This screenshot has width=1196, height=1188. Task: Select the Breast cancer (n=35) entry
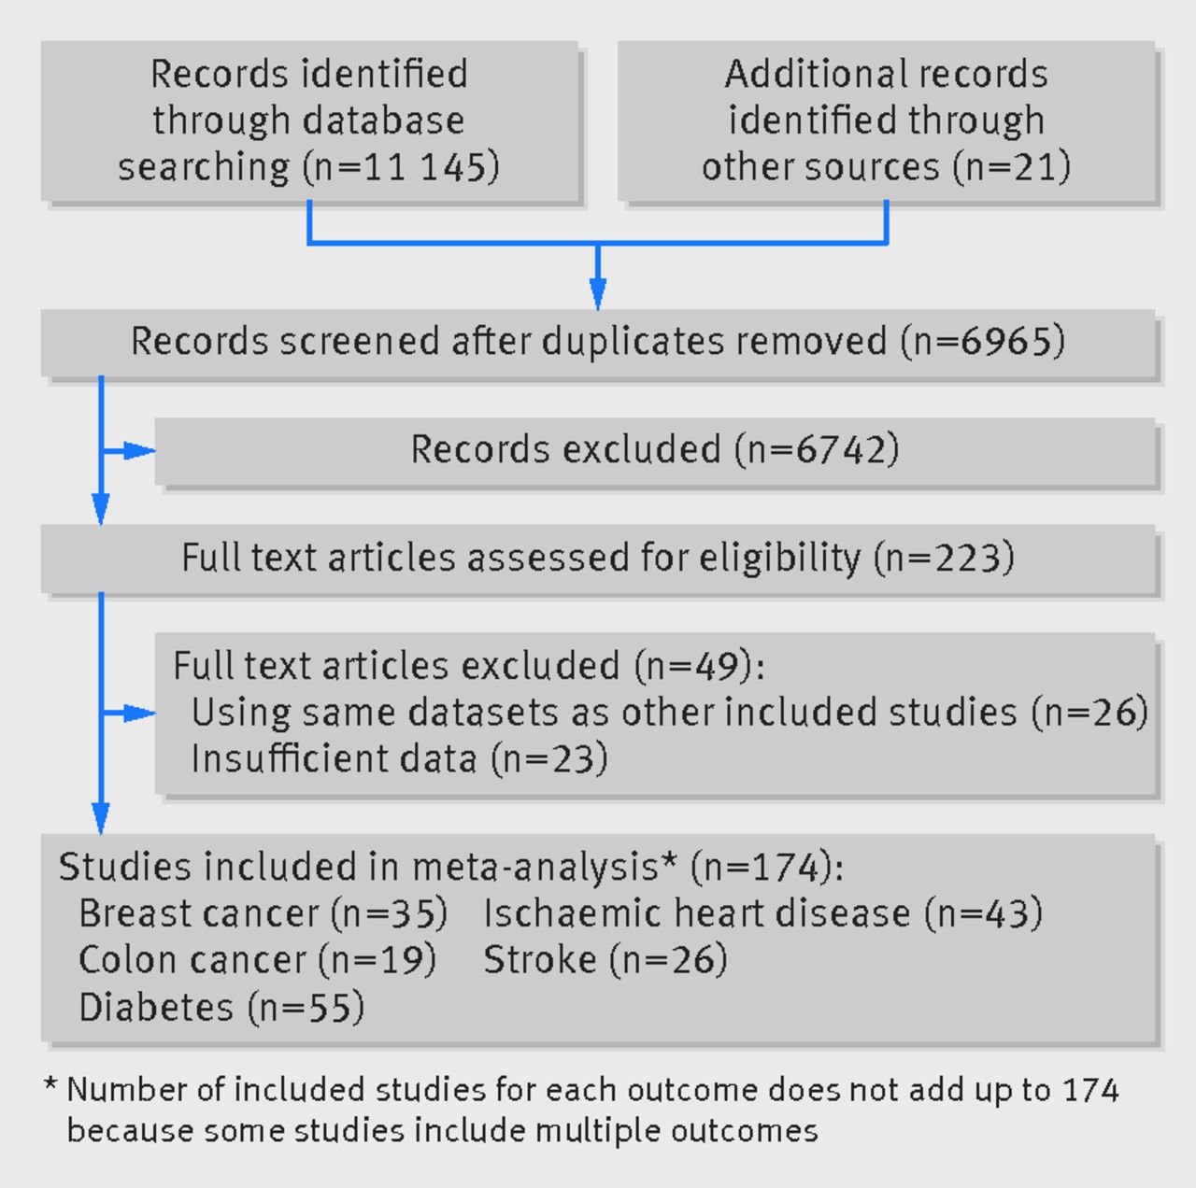coord(263,913)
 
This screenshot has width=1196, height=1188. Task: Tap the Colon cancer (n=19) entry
coord(258,960)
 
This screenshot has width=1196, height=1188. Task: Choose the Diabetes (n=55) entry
coord(221,1007)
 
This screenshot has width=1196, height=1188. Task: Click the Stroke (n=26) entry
coord(605,960)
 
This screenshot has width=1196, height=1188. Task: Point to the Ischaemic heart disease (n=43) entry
coord(762,913)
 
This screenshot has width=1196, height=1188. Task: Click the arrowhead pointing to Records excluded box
coord(138,450)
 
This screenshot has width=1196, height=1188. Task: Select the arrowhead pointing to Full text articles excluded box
coord(138,714)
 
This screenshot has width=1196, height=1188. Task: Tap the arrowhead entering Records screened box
coord(598,293)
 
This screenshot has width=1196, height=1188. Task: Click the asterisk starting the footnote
coord(50,1086)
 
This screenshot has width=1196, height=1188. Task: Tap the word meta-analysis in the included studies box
coord(535,867)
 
